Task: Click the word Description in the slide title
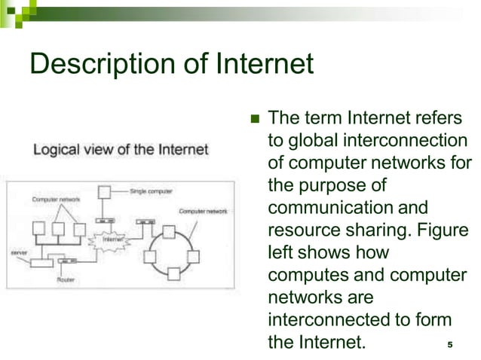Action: tap(93, 65)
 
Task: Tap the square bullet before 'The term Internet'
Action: tap(253, 119)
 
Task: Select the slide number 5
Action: tap(449, 346)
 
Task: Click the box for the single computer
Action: tap(106, 191)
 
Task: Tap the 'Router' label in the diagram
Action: tap(66, 279)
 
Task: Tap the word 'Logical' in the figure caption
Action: tap(56, 150)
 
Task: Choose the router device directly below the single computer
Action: tap(106, 221)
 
